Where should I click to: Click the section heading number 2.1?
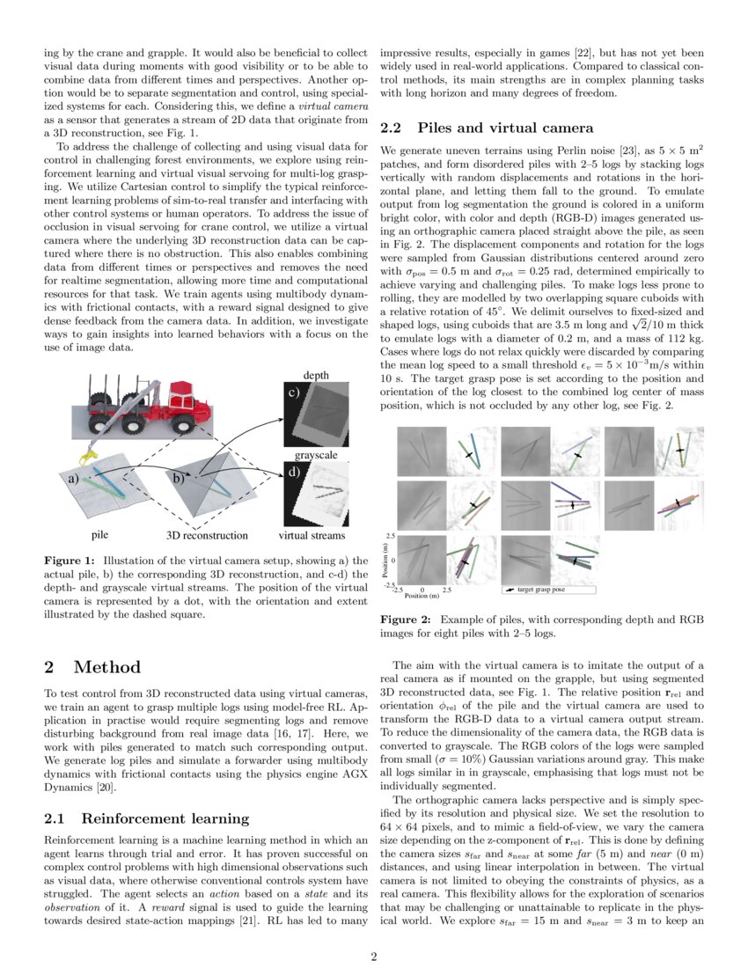coord(56,818)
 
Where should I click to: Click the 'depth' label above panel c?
coord(316,376)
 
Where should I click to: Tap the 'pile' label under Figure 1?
coord(100,534)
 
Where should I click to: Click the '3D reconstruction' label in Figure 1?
coord(207,534)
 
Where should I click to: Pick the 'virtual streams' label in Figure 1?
coord(312,534)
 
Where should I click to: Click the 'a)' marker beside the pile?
coord(74,480)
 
